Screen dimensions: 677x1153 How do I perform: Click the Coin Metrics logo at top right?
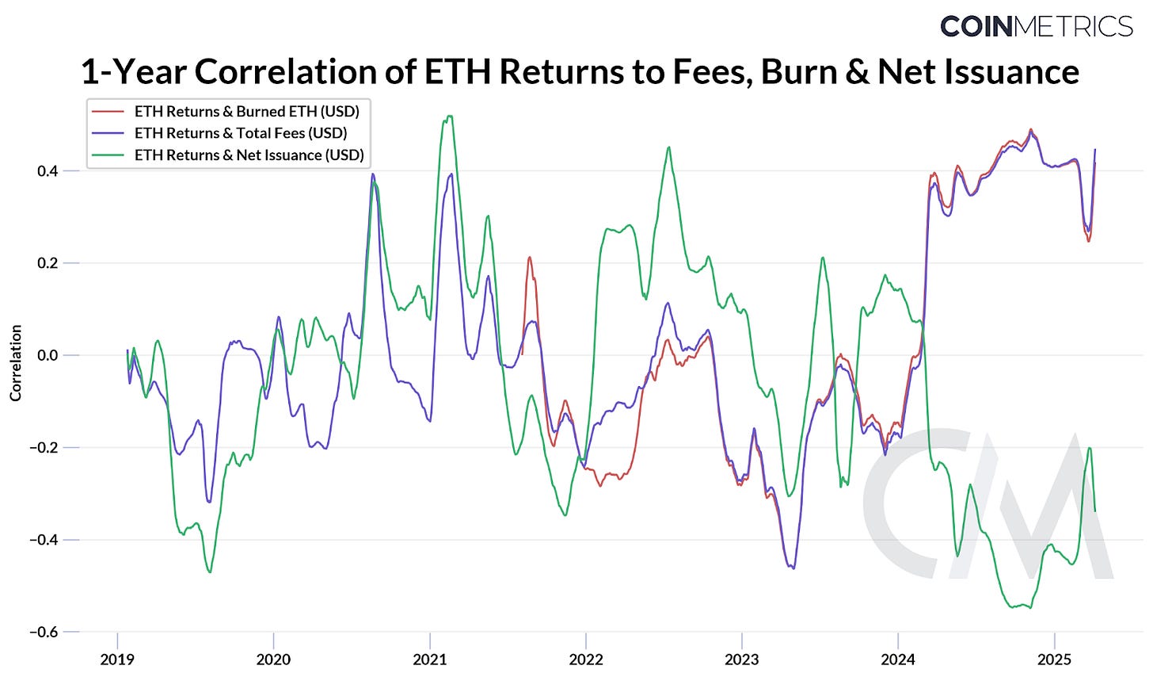pyautogui.click(x=1036, y=26)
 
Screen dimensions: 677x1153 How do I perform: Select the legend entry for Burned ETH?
pyautogui.click(x=246, y=111)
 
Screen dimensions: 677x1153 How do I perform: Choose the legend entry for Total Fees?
pyautogui.click(x=241, y=133)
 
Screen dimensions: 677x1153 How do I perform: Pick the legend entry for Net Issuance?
pyautogui.click(x=249, y=155)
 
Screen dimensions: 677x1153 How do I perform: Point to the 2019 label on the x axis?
pyautogui.click(x=117, y=660)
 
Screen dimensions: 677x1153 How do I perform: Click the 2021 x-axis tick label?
pyautogui.click(x=430, y=660)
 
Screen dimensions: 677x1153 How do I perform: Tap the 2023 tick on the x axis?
pyautogui.click(x=742, y=660)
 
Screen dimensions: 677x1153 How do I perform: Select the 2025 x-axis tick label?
pyautogui.click(x=1054, y=660)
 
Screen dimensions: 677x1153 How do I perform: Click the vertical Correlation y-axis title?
pyautogui.click(x=16, y=362)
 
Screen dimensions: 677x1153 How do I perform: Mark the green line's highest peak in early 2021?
pyautogui.click(x=450, y=117)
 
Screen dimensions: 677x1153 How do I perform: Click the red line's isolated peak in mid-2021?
pyautogui.click(x=530, y=258)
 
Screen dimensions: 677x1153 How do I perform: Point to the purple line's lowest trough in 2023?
pyautogui.click(x=793, y=568)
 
